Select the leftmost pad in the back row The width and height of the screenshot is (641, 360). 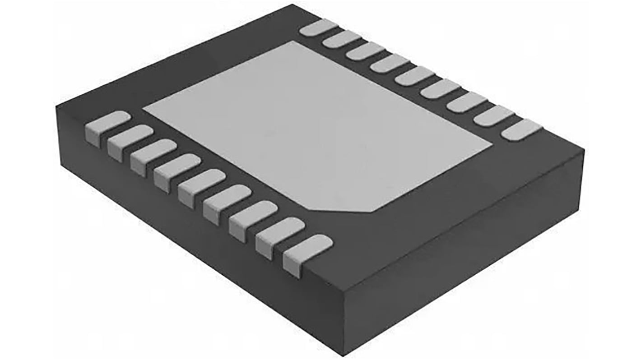(319, 28)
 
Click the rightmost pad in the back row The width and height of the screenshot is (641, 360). (522, 130)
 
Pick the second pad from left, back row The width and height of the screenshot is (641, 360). (342, 39)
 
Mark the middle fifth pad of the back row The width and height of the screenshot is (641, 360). (414, 75)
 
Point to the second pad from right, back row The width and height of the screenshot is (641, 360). (494, 116)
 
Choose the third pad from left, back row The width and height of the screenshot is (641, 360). (366, 51)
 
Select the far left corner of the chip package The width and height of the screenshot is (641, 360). (57, 106)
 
